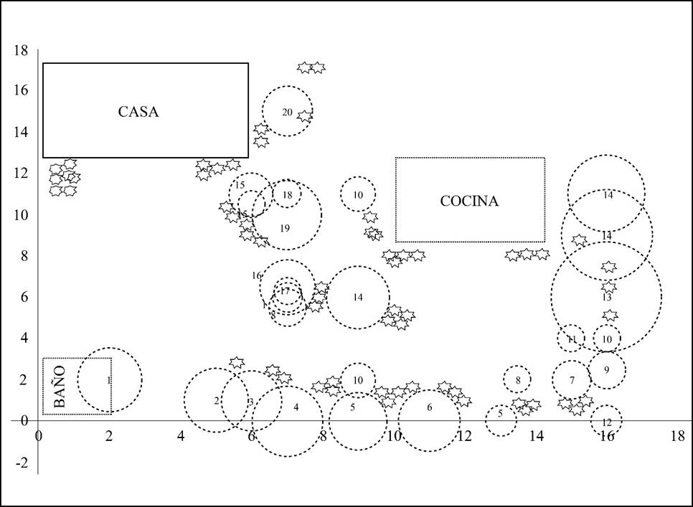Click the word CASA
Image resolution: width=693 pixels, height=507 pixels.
[x=138, y=112]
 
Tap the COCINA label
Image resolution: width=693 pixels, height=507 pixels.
[x=469, y=201]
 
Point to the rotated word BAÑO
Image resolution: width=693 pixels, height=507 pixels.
[x=60, y=387]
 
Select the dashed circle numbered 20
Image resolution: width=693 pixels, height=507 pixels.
[x=287, y=112]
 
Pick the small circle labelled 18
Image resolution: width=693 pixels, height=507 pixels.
[x=287, y=194]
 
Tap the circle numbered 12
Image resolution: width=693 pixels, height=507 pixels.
[x=607, y=422]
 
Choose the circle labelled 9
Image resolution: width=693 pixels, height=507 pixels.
[x=607, y=370]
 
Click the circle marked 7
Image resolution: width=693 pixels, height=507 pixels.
[x=572, y=380]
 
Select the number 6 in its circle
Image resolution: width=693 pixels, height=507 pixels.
[x=430, y=407]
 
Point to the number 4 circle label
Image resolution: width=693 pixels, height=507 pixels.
[x=296, y=407]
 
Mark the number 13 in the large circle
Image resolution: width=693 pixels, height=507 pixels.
[x=607, y=297]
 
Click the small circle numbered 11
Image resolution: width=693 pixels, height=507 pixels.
[x=572, y=339]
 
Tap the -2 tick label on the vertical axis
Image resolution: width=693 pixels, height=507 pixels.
[x=24, y=463]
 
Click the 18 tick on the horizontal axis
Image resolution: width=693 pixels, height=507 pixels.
[x=676, y=435]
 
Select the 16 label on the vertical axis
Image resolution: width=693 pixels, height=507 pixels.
[x=21, y=90]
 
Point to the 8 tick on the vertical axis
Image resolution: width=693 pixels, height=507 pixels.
[x=24, y=256]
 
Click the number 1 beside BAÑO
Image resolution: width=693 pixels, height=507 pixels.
[x=108, y=380]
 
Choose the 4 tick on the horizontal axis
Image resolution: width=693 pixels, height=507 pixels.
[x=181, y=435]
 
